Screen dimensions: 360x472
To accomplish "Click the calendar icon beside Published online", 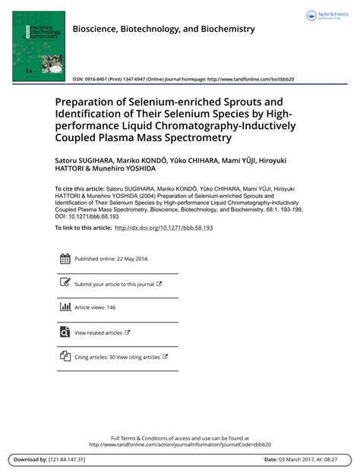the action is tap(65, 259).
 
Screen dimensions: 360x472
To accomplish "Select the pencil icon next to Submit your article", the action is tap(65, 283).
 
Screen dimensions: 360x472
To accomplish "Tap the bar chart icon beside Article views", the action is tap(65, 307).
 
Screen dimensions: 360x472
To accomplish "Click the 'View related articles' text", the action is tap(98, 332).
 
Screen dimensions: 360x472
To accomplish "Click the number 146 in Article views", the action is tap(111, 307).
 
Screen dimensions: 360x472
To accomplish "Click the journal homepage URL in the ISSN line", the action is tap(250, 79).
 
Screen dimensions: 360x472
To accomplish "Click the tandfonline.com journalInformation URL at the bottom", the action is tap(180, 445).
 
